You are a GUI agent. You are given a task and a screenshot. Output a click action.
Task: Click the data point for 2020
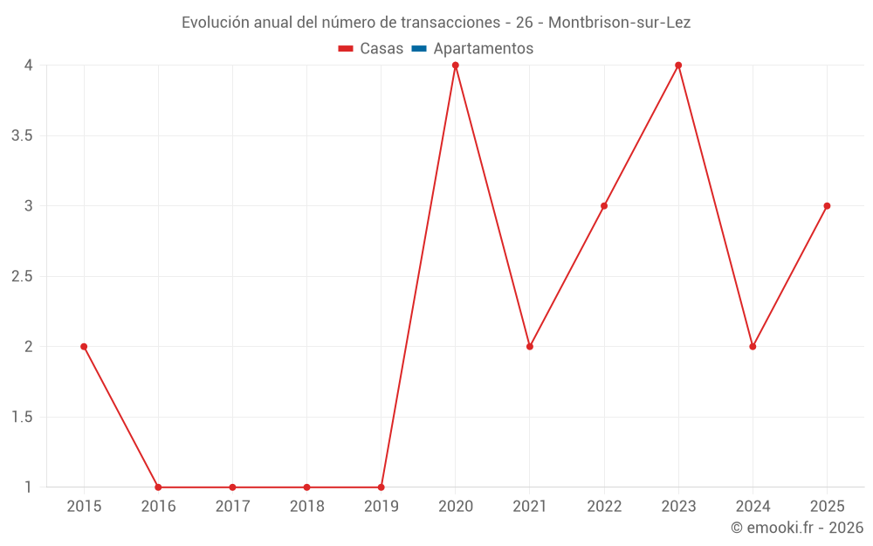point(456,66)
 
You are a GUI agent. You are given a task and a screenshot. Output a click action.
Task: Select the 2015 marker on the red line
point(84,347)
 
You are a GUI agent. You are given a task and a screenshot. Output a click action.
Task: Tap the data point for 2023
point(678,66)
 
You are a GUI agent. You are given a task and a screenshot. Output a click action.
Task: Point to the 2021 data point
point(530,347)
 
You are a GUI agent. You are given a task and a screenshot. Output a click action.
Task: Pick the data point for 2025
point(827,206)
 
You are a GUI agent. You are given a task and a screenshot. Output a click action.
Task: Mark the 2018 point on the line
point(306,487)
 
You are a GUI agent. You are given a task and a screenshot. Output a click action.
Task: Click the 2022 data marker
point(604,206)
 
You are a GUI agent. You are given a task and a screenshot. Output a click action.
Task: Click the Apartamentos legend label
point(484,49)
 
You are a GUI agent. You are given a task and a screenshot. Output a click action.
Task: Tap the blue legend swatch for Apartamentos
point(419,48)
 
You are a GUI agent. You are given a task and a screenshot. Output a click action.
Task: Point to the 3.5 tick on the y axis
point(23,136)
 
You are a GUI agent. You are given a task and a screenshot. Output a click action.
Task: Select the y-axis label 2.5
point(23,276)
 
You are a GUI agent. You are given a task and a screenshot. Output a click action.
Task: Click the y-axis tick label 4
point(29,66)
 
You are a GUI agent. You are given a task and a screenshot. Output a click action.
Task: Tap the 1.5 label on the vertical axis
point(23,418)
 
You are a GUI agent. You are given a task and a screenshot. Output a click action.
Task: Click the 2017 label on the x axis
point(233,507)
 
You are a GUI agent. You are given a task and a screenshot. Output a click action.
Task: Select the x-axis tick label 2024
point(753,507)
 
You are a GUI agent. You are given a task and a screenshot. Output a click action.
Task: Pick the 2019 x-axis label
point(382,507)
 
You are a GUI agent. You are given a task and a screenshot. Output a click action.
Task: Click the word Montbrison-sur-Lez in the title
point(619,23)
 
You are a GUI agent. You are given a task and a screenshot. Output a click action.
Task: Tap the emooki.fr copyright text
point(797,528)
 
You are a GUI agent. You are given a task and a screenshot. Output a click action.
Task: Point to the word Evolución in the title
point(216,23)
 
